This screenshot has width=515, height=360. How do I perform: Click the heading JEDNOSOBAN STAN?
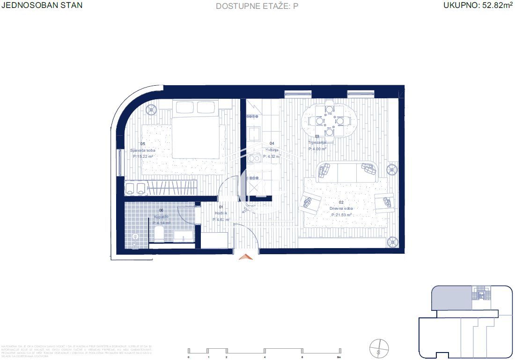pyautogui.click(x=42, y=6)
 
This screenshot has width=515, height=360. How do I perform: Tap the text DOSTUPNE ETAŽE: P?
pyautogui.click(x=257, y=6)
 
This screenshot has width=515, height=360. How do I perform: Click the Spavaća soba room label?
pyautogui.click(x=142, y=150)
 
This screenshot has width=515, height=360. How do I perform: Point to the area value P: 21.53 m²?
pyautogui.click(x=341, y=215)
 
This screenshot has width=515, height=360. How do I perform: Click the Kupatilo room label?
pyautogui.click(x=161, y=217)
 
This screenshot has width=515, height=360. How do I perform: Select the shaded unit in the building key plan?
pyautogui.click(x=450, y=299)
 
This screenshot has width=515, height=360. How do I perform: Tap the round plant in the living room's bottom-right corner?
pyautogui.click(x=392, y=242)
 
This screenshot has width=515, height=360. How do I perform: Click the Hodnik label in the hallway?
pyautogui.click(x=221, y=213)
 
